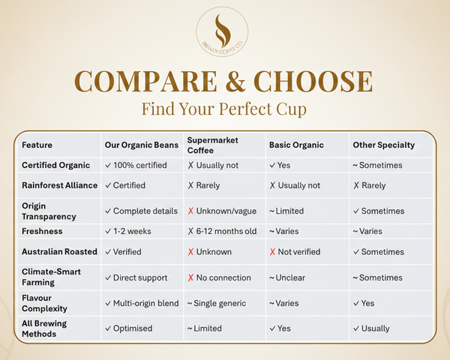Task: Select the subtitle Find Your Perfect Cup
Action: click(224, 109)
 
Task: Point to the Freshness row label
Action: click(42, 231)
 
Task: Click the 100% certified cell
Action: click(137, 165)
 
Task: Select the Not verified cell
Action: click(298, 252)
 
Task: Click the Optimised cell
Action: click(133, 328)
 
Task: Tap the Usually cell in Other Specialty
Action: click(375, 328)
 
